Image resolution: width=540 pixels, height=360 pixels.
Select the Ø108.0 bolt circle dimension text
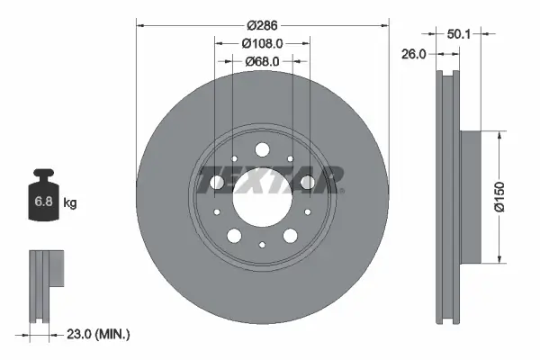pyautogui.click(x=262, y=42)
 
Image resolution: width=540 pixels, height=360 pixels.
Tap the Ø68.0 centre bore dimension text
pyautogui.click(x=262, y=61)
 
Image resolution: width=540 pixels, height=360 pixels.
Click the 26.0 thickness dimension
pyautogui.click(x=413, y=54)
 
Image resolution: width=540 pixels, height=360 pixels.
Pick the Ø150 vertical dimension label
pyautogui.click(x=511, y=197)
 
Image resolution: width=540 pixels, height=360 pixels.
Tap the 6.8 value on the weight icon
pyautogui.click(x=43, y=202)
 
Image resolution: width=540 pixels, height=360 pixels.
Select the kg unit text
pyautogui.click(x=70, y=203)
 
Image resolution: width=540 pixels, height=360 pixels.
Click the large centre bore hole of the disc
pyautogui.click(x=262, y=195)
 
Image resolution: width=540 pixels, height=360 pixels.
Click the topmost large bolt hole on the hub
pyautogui.click(x=262, y=149)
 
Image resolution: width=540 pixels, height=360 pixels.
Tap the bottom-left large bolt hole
pyautogui.click(x=234, y=235)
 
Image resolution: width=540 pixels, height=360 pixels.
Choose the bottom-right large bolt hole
pyautogui.click(x=290, y=236)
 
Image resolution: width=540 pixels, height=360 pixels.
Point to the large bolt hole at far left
pyautogui.click(x=216, y=184)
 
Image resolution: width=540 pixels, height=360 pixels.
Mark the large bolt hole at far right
pyautogui.click(x=308, y=184)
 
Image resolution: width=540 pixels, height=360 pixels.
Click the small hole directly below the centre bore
pyautogui.click(x=262, y=244)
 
